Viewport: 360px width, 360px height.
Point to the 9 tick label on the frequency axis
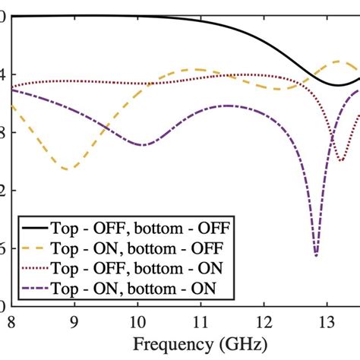(74, 321)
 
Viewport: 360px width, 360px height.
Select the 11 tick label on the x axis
(200, 321)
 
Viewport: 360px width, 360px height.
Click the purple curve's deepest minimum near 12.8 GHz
(316, 255)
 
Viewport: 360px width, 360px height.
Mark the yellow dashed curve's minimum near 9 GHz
(67, 169)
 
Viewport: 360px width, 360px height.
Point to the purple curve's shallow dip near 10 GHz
(142, 144)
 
